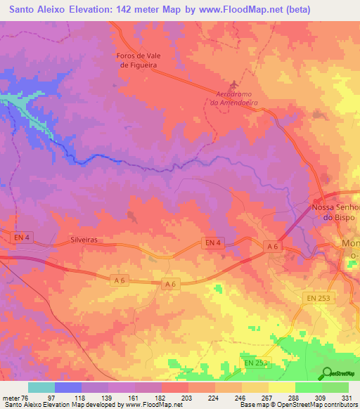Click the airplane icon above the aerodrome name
[235, 84]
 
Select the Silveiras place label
[84, 240]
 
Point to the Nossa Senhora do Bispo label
[335, 212]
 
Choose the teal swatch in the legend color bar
[41, 388]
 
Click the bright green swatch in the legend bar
[308, 388]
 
